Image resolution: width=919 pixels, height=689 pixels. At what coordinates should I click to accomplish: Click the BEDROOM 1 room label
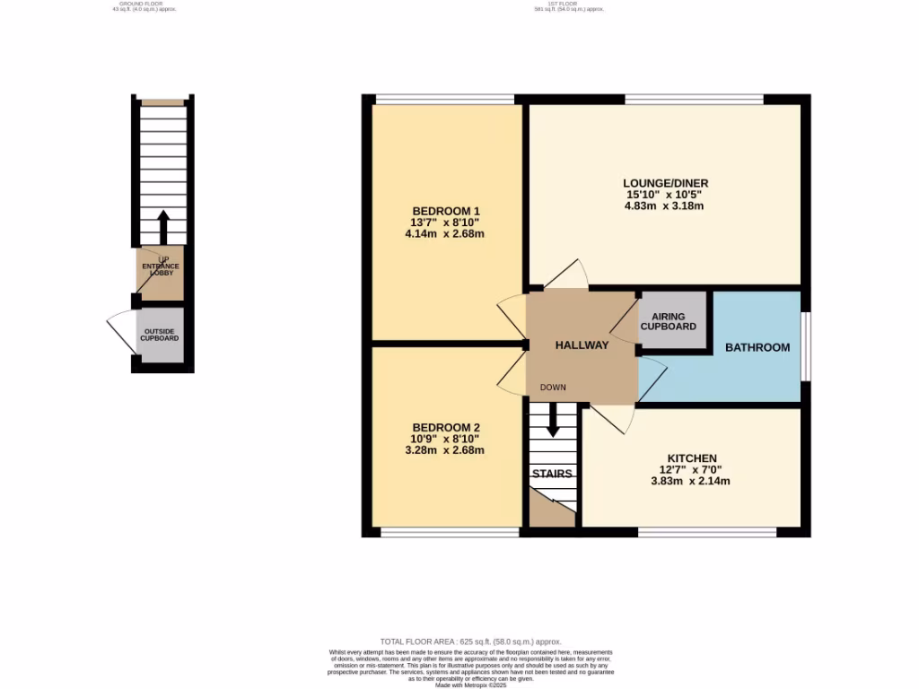point(445,211)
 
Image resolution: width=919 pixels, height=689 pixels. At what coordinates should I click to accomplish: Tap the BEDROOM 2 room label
point(447,427)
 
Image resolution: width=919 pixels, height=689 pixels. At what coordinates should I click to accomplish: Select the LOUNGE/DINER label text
point(661,182)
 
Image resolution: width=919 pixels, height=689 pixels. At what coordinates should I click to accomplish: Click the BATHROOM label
point(757,347)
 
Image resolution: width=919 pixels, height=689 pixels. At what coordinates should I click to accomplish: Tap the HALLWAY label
point(582,345)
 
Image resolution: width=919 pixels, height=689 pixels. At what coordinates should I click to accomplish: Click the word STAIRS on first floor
point(552,474)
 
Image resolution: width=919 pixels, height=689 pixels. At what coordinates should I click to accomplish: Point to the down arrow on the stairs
point(553,419)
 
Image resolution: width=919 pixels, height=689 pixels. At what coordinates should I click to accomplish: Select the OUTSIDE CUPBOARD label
point(159,335)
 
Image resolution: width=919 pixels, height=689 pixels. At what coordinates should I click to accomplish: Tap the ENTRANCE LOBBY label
point(159,269)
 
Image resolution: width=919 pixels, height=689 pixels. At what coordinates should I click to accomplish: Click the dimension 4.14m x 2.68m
point(445,234)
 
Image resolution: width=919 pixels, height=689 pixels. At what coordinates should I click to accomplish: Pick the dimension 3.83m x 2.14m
point(689,481)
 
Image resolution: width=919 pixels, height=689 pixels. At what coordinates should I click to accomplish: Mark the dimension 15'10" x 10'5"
point(661,194)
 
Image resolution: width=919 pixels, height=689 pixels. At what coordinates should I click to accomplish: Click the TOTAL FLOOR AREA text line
point(470,641)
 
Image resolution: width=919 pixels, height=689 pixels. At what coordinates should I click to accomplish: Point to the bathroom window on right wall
point(804,345)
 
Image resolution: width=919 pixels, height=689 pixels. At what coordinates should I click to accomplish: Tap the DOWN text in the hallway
point(552,388)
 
